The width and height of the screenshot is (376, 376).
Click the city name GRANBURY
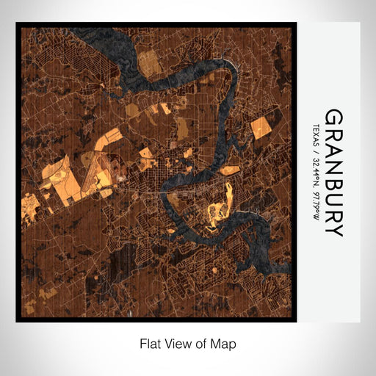pyautogui.click(x=333, y=173)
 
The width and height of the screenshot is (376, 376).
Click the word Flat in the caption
pyautogui.click(x=149, y=343)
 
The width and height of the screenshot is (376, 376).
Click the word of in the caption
pyautogui.click(x=203, y=343)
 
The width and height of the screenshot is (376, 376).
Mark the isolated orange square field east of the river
pyautogui.click(x=261, y=127)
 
